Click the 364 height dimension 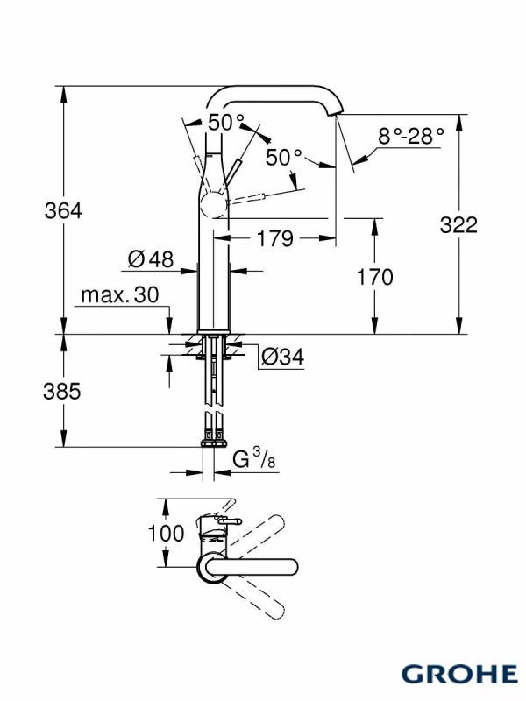click(63, 210)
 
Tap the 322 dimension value click(458, 224)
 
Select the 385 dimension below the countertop click(62, 391)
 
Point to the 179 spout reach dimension click(275, 238)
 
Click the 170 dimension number click(375, 277)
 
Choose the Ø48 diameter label click(150, 258)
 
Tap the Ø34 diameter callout click(282, 357)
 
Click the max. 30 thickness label click(120, 295)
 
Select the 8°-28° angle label click(411, 136)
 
